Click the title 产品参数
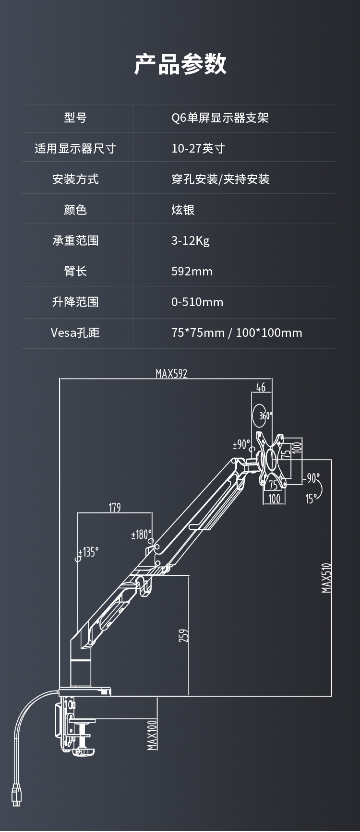180,64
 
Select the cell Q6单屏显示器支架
220,118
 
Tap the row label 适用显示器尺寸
75,148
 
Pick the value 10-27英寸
198,148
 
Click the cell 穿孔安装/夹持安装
220,179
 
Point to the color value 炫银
183,210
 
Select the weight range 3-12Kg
191,240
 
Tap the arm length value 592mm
192,271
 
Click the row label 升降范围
75,302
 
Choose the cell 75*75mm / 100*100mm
237,333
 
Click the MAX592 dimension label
171,374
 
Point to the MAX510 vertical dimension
326,578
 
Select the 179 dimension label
115,508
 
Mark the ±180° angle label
142,535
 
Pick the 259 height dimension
183,636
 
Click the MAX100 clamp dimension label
152,735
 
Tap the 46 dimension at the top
261,387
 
